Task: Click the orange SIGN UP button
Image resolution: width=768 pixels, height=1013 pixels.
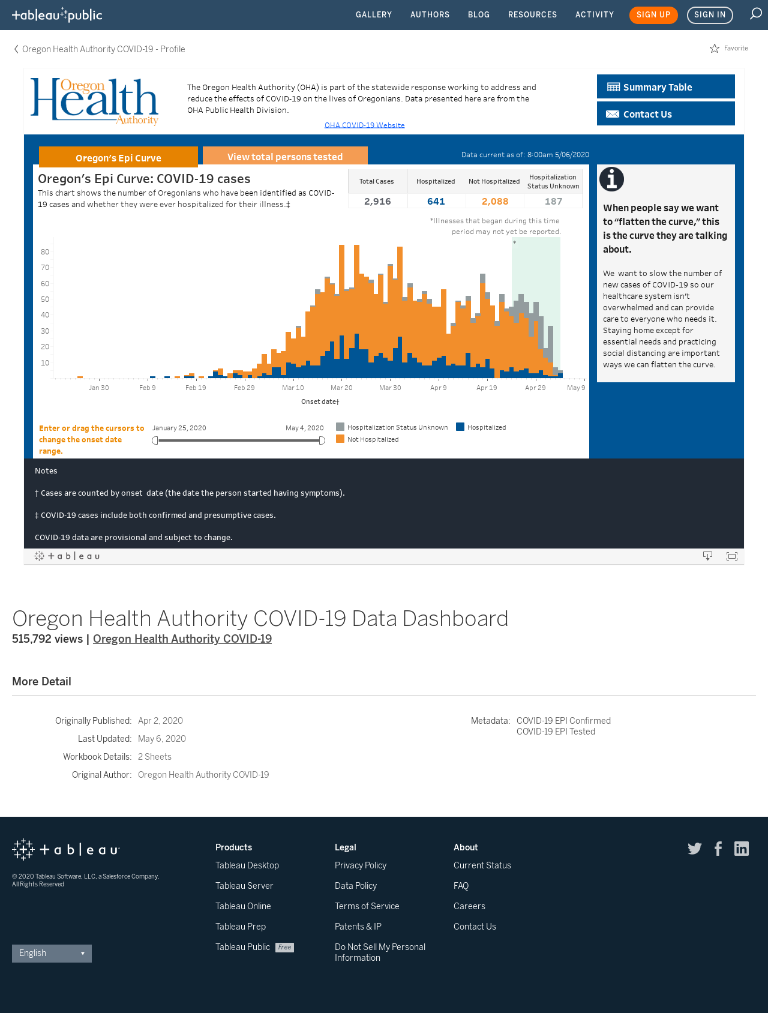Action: (x=653, y=15)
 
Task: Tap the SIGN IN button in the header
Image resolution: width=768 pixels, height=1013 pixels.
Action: (x=710, y=15)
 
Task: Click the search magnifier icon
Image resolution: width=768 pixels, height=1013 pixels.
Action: (x=755, y=14)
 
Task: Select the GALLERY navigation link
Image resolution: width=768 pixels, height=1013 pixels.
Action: (x=374, y=14)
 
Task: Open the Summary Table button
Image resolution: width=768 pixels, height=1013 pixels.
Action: (x=666, y=86)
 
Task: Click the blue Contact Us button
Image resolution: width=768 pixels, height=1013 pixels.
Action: (x=666, y=113)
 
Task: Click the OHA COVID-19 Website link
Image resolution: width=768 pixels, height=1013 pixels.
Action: (x=365, y=125)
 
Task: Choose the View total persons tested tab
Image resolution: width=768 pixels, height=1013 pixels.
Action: (x=285, y=156)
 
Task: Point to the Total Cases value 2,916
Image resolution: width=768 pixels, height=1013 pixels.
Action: (x=377, y=202)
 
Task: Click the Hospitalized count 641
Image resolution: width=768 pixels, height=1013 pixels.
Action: (x=436, y=202)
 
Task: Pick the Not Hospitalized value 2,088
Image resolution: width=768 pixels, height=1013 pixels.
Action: (x=495, y=202)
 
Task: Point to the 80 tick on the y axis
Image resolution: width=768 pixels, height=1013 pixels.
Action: (x=45, y=252)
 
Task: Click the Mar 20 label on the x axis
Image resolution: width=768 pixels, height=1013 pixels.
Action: (x=341, y=388)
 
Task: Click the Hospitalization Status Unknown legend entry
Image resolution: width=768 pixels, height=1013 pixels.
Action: (x=392, y=427)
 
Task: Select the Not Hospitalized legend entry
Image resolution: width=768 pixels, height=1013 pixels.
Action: (x=367, y=439)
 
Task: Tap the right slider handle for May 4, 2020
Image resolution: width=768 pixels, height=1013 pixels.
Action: (x=322, y=440)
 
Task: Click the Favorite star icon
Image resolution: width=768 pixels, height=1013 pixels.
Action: (x=715, y=48)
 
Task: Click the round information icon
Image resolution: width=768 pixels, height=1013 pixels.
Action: (x=611, y=179)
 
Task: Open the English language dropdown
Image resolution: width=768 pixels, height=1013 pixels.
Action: (x=52, y=953)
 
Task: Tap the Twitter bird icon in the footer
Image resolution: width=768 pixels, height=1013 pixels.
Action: (x=695, y=848)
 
